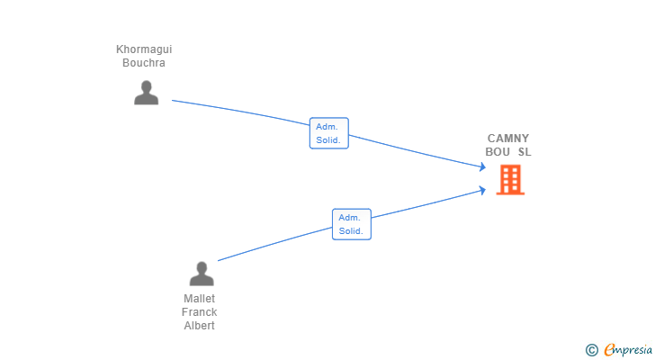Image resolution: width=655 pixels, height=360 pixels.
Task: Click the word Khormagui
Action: click(144, 49)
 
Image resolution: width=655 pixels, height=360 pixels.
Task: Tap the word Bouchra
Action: click(144, 63)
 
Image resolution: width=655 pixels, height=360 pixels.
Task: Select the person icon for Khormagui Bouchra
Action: click(146, 93)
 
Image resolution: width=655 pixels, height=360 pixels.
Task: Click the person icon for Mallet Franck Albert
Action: click(202, 274)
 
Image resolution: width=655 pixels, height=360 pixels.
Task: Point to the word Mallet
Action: click(199, 299)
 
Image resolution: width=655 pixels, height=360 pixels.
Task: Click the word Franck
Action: click(199, 312)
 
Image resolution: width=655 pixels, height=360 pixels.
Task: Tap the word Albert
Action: click(199, 325)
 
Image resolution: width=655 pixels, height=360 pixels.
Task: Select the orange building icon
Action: click(510, 180)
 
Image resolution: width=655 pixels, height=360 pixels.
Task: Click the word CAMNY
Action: click(508, 139)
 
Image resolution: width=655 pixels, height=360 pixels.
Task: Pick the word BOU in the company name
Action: click(498, 151)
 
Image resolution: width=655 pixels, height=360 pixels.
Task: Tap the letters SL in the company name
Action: click(525, 151)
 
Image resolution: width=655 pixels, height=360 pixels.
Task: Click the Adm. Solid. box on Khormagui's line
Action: click(329, 133)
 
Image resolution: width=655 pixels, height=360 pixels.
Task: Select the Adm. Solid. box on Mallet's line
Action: click(352, 224)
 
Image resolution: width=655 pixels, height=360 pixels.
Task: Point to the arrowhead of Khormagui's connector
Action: click(483, 167)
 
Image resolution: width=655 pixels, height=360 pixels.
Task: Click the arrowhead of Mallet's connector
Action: click(483, 191)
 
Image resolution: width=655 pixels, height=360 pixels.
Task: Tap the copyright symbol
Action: click(592, 350)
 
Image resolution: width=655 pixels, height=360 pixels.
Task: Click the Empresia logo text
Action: click(628, 349)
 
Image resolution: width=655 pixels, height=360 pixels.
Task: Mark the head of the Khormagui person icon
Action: click(146, 86)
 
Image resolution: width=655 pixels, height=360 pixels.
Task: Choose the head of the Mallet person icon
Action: click(202, 267)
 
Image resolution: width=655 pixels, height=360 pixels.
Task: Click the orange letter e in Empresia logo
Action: click(609, 350)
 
